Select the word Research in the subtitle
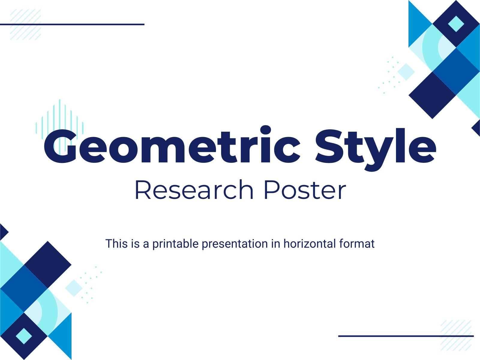[194, 190]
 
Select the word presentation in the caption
[235, 244]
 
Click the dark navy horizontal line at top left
[72, 25]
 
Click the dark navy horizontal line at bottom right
[406, 336]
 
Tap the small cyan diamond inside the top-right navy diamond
[456, 24]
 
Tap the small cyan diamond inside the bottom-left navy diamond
[24, 336]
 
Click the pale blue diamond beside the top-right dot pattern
[406, 72]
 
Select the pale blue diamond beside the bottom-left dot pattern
[74, 288]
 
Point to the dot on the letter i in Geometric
[266, 130]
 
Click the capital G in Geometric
[61, 146]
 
